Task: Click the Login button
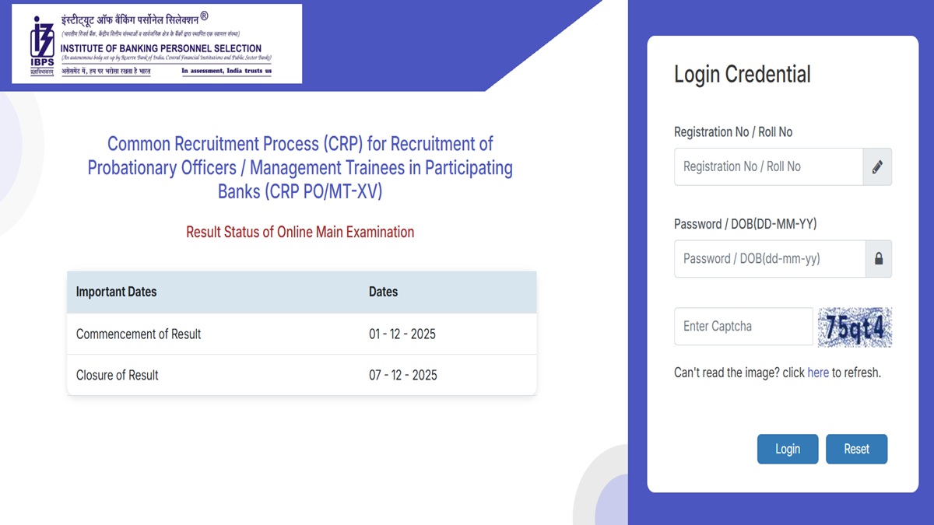(x=787, y=449)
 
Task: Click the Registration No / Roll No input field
(x=768, y=166)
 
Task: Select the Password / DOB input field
(x=769, y=258)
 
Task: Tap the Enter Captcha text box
(x=743, y=326)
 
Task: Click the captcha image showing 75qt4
(x=855, y=327)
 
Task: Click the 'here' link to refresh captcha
(x=818, y=373)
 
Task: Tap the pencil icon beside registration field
(x=877, y=166)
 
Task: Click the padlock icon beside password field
(x=879, y=259)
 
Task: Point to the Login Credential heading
(x=742, y=74)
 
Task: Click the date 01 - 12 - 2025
(x=402, y=334)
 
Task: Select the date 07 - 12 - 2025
(x=403, y=375)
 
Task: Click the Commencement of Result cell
(x=139, y=334)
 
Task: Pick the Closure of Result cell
(x=118, y=375)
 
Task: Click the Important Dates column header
(x=117, y=292)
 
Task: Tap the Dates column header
(x=383, y=292)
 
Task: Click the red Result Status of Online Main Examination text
(x=300, y=232)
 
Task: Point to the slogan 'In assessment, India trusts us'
(x=226, y=71)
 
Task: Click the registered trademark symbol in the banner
(x=204, y=16)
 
